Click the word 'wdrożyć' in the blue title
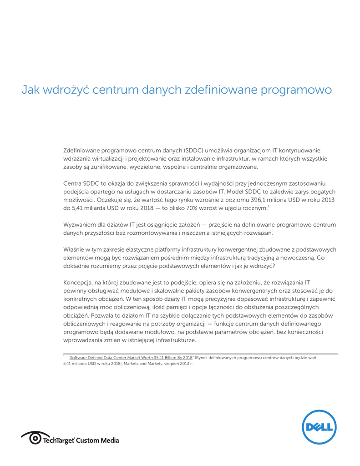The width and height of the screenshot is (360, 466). coord(65,90)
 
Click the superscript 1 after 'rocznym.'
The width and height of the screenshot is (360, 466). coord(269,207)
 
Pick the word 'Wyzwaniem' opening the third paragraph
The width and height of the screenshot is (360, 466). coord(78,225)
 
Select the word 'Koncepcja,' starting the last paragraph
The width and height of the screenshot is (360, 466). coord(78,282)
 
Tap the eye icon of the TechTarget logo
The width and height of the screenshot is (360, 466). coord(35,439)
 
